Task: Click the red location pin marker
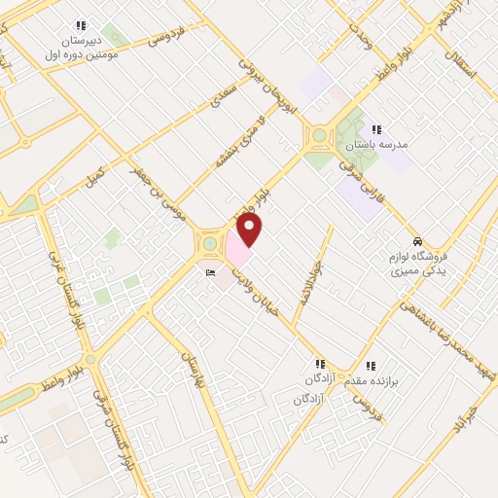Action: click(250, 230)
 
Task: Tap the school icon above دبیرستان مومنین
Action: click(80, 26)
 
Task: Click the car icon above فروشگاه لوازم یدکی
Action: click(417, 241)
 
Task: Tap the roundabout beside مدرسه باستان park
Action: click(318, 136)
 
